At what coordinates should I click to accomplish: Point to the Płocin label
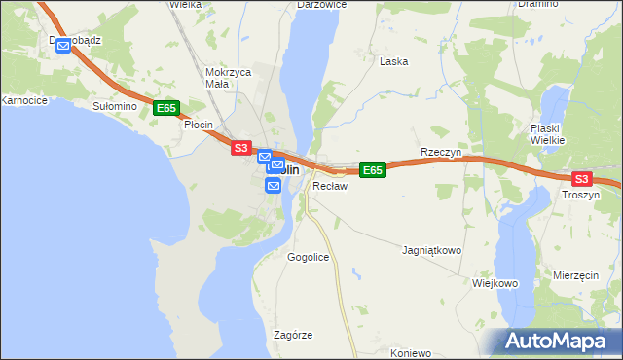coord(199,125)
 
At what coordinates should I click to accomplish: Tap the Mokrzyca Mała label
coord(229,78)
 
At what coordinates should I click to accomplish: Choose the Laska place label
coord(393,61)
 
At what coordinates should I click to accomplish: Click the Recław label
coord(329,185)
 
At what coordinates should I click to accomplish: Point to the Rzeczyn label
coord(439,153)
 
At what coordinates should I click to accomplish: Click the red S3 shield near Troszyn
coord(581,179)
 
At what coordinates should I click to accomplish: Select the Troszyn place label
coord(581,196)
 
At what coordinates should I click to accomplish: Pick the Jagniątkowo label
coord(431,250)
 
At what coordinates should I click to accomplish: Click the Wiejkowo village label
coord(494,283)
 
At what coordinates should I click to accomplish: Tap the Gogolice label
coord(308,258)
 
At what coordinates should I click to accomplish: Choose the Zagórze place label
coord(293,335)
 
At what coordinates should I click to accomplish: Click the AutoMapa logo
coord(555,341)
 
